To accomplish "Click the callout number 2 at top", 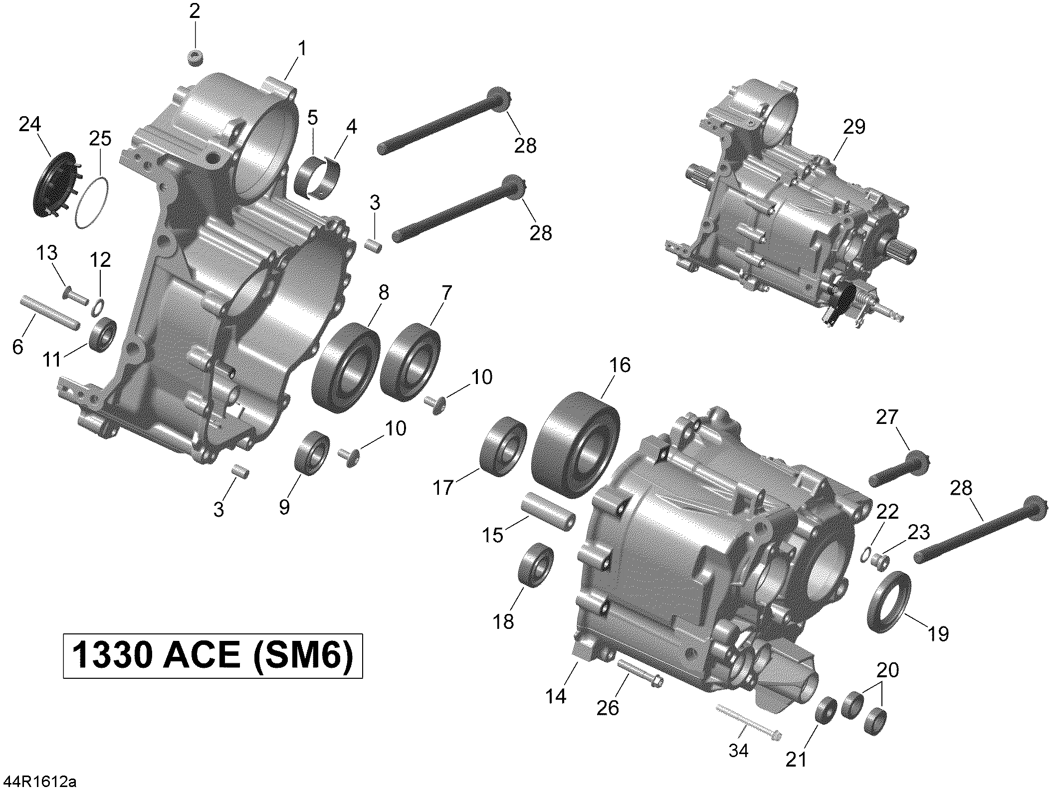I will click(x=195, y=11).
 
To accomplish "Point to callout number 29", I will click(x=854, y=127).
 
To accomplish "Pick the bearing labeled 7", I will click(x=410, y=362).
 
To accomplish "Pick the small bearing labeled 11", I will click(x=103, y=335).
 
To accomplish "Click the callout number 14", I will click(x=556, y=696).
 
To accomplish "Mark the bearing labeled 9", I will click(x=311, y=452).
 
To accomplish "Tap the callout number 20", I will click(x=887, y=670).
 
